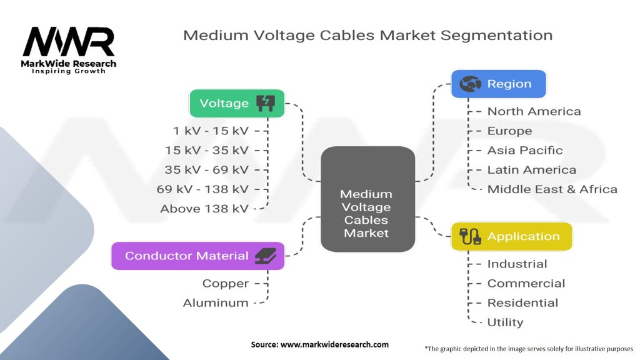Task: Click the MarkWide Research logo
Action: click(69, 49)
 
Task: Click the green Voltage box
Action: click(237, 103)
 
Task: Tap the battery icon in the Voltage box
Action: click(266, 103)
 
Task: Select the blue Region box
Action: click(498, 84)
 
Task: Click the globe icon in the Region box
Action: click(470, 84)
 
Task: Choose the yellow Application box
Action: click(511, 236)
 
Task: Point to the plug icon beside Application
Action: click(469, 236)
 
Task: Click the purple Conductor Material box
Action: click(197, 256)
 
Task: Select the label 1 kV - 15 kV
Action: click(211, 131)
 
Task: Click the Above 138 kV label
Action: click(204, 209)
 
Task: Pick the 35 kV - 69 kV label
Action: click(206, 170)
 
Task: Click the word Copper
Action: click(226, 283)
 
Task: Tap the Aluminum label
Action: click(216, 302)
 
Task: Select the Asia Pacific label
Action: click(525, 150)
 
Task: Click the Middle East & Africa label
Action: click(552, 189)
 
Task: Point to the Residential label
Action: click(522, 302)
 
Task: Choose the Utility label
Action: click(505, 322)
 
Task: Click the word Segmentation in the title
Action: click(496, 34)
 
